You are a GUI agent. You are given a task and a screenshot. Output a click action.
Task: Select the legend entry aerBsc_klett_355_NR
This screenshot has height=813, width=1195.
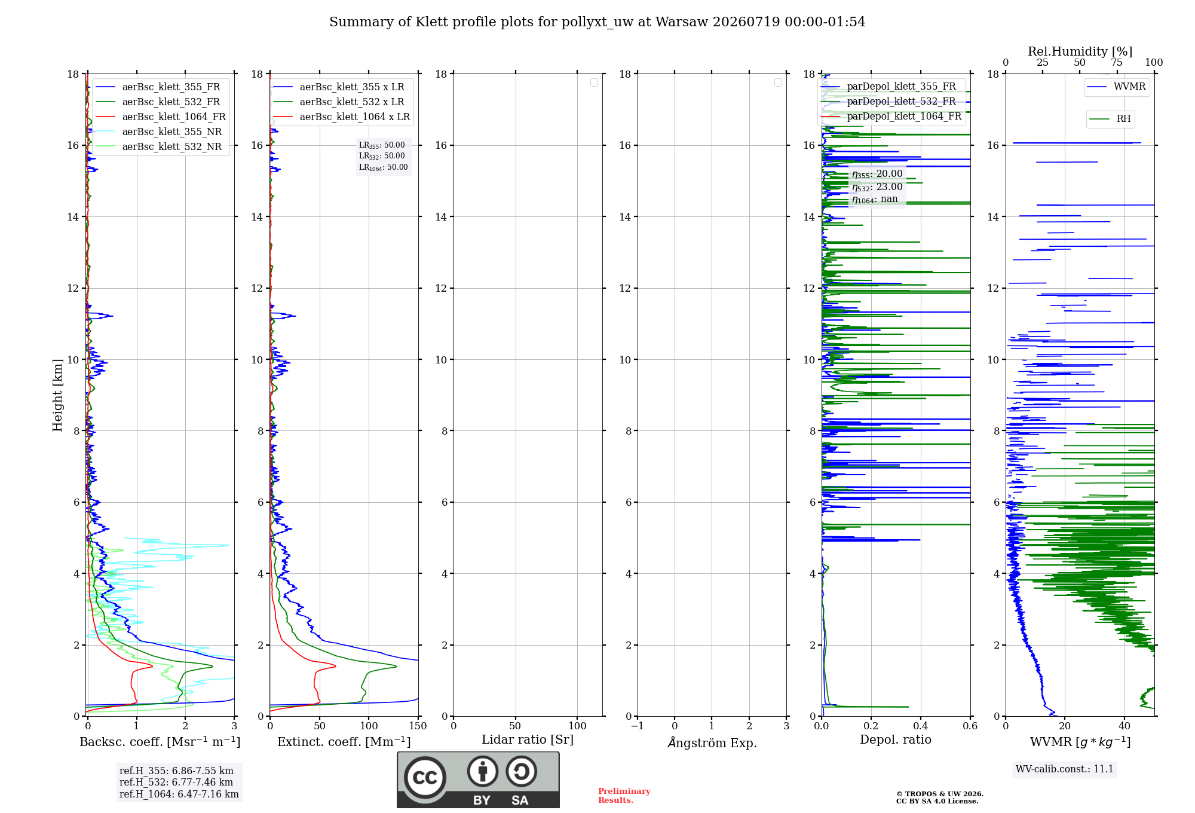158,132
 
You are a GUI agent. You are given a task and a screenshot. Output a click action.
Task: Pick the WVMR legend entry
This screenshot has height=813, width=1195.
1116,87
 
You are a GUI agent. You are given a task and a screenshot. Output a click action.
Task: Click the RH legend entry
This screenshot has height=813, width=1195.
1110,119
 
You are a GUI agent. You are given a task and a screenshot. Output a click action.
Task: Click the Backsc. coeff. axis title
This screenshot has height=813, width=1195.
160,742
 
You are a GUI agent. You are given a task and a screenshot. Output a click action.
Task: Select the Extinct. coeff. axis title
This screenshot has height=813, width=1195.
344,742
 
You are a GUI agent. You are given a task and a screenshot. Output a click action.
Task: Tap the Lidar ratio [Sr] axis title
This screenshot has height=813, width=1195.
528,739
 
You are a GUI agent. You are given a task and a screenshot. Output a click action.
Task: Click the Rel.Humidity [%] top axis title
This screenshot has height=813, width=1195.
1080,51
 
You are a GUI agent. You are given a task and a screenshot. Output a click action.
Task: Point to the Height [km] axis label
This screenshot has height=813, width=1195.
57,395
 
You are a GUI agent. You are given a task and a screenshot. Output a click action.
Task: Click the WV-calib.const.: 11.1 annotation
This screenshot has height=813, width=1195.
1065,769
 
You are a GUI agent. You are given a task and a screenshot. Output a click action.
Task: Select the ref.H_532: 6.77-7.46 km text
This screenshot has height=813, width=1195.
176,782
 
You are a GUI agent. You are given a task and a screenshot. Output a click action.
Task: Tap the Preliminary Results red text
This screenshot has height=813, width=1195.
624,796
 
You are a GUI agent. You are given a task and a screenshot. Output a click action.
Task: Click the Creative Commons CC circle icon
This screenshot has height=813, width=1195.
425,778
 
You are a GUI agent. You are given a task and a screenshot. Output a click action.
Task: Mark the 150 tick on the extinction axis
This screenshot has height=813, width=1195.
418,726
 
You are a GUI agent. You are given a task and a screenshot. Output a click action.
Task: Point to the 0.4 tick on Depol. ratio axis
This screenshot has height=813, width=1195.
921,726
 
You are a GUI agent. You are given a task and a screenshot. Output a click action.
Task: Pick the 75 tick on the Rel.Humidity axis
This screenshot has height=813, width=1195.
1117,63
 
